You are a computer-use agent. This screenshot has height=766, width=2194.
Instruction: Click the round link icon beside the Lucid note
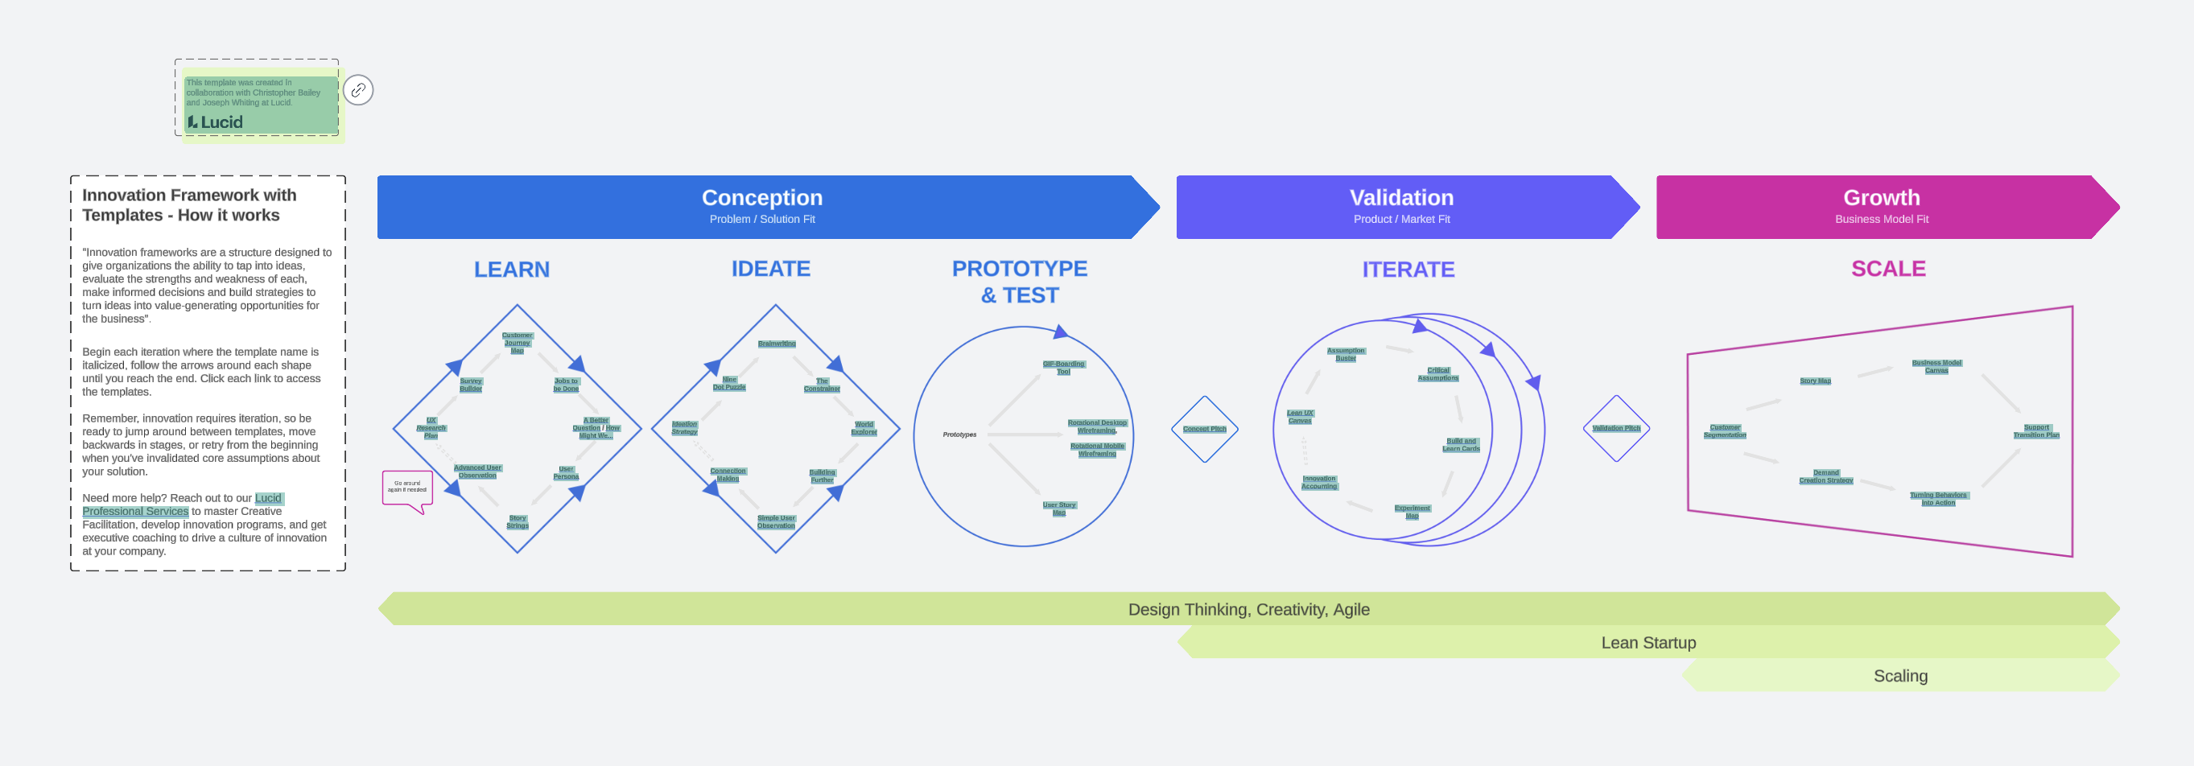[x=357, y=90]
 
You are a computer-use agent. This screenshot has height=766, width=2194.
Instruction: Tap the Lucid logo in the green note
[x=216, y=122]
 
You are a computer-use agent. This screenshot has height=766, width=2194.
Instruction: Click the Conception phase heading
[x=761, y=198]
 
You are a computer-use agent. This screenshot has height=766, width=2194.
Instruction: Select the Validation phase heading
[x=1401, y=198]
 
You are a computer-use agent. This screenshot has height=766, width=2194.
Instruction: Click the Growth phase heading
[x=1881, y=198]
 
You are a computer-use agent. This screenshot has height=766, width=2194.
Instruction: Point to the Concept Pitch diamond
[x=1204, y=429]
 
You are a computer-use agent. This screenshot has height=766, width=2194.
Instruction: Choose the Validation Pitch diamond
[x=1615, y=428]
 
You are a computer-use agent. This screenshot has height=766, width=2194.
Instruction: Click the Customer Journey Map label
[x=517, y=343]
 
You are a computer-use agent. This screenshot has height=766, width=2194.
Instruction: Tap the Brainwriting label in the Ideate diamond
[x=777, y=344]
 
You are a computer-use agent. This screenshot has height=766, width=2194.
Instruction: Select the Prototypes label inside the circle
[x=959, y=435]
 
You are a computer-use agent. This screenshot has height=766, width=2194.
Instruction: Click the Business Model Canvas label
[x=1936, y=367]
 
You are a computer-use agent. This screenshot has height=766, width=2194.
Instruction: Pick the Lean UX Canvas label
[x=1300, y=417]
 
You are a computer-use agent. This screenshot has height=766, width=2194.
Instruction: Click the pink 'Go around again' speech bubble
[x=407, y=488]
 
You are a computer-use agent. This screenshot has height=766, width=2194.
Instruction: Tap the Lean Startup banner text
[x=1648, y=643]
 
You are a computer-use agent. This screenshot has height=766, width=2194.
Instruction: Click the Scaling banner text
[x=1900, y=676]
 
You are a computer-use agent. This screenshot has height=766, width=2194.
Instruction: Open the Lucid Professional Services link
[x=135, y=511]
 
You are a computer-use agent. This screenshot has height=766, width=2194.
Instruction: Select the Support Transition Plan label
[x=2035, y=431]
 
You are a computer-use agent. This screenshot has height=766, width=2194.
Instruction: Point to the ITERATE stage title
[x=1408, y=270]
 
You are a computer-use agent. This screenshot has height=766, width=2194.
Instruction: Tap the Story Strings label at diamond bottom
[x=517, y=521]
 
